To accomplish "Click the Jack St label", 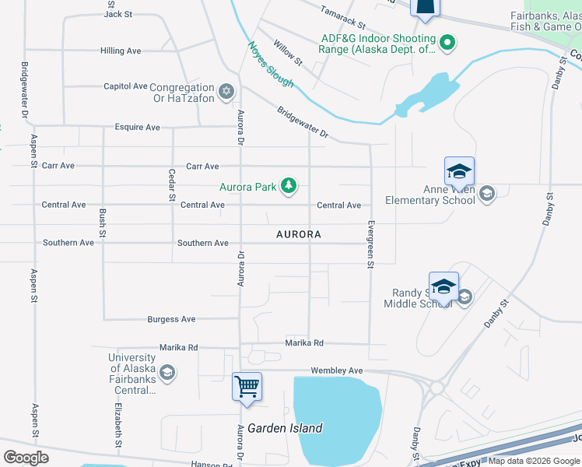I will tap(118, 14).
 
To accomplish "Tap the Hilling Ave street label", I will tap(121, 51).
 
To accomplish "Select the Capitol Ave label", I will tap(125, 86).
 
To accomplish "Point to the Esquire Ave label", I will tap(137, 128).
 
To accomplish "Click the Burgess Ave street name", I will tap(171, 320).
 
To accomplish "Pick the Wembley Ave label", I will tap(337, 371).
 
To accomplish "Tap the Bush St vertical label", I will tap(102, 223).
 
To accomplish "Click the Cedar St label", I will tap(172, 185).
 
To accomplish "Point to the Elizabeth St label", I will tap(119, 425).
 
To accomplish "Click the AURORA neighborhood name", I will tap(299, 234).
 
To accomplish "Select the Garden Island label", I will tap(279, 429).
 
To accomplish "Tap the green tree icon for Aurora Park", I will tap(289, 185).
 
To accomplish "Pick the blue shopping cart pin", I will tap(247, 387).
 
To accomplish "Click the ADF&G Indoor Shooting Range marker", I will tap(447, 44).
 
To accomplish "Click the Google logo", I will tap(26, 458).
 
